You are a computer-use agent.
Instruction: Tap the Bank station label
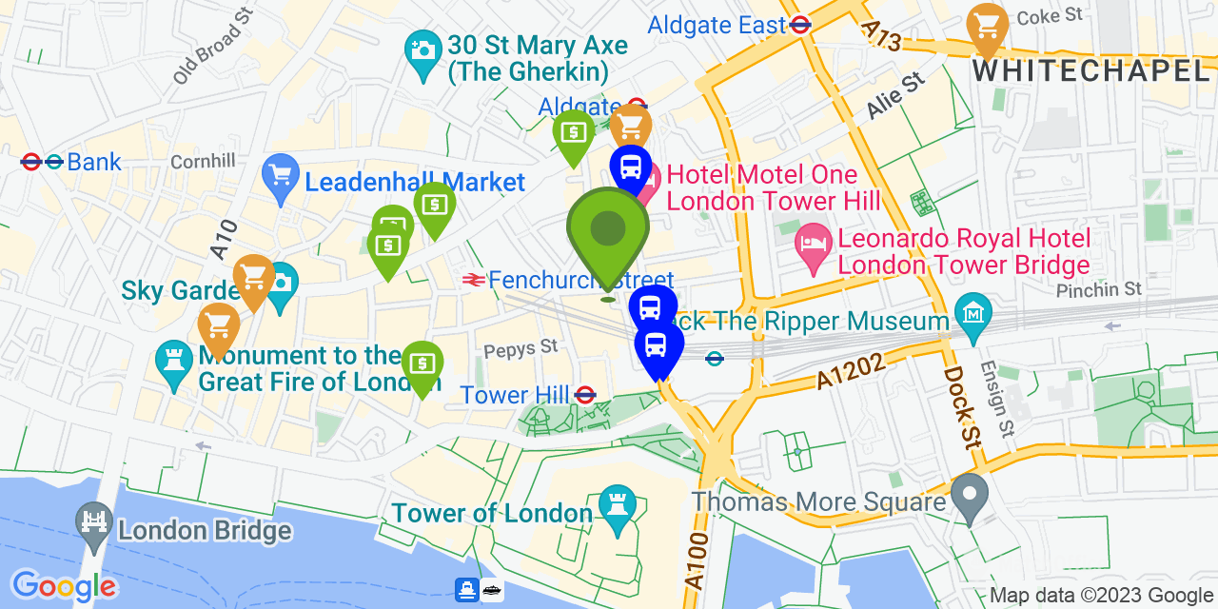[94, 162]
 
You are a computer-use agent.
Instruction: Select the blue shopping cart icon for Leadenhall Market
[280, 175]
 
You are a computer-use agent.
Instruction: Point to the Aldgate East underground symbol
[800, 25]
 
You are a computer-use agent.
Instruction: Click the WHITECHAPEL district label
[1090, 69]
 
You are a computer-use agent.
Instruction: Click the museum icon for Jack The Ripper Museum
[974, 311]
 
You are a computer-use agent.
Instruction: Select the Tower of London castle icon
[618, 504]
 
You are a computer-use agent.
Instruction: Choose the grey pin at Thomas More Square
[970, 495]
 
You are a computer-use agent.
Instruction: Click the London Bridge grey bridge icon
[94, 524]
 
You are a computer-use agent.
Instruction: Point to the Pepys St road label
[520, 348]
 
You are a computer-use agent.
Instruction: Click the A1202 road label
[851, 370]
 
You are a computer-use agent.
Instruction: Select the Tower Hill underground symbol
[585, 394]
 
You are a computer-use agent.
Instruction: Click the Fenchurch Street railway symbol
[471, 280]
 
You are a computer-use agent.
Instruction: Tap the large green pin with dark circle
[608, 229]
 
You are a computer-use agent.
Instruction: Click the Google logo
[64, 585]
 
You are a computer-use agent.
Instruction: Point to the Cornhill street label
[203, 162]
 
